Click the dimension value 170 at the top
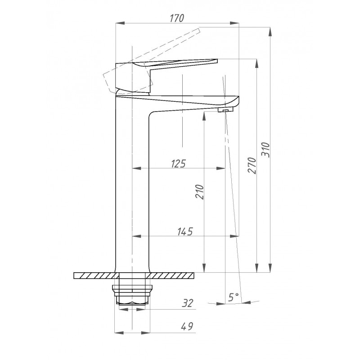[x=177, y=18]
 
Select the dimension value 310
[x=265, y=150]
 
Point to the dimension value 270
[x=252, y=166]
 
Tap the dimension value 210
[x=199, y=192]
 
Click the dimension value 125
[x=178, y=164]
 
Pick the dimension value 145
[x=185, y=231]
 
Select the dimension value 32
[x=188, y=303]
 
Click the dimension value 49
[x=187, y=326]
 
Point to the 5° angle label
[x=234, y=297]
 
